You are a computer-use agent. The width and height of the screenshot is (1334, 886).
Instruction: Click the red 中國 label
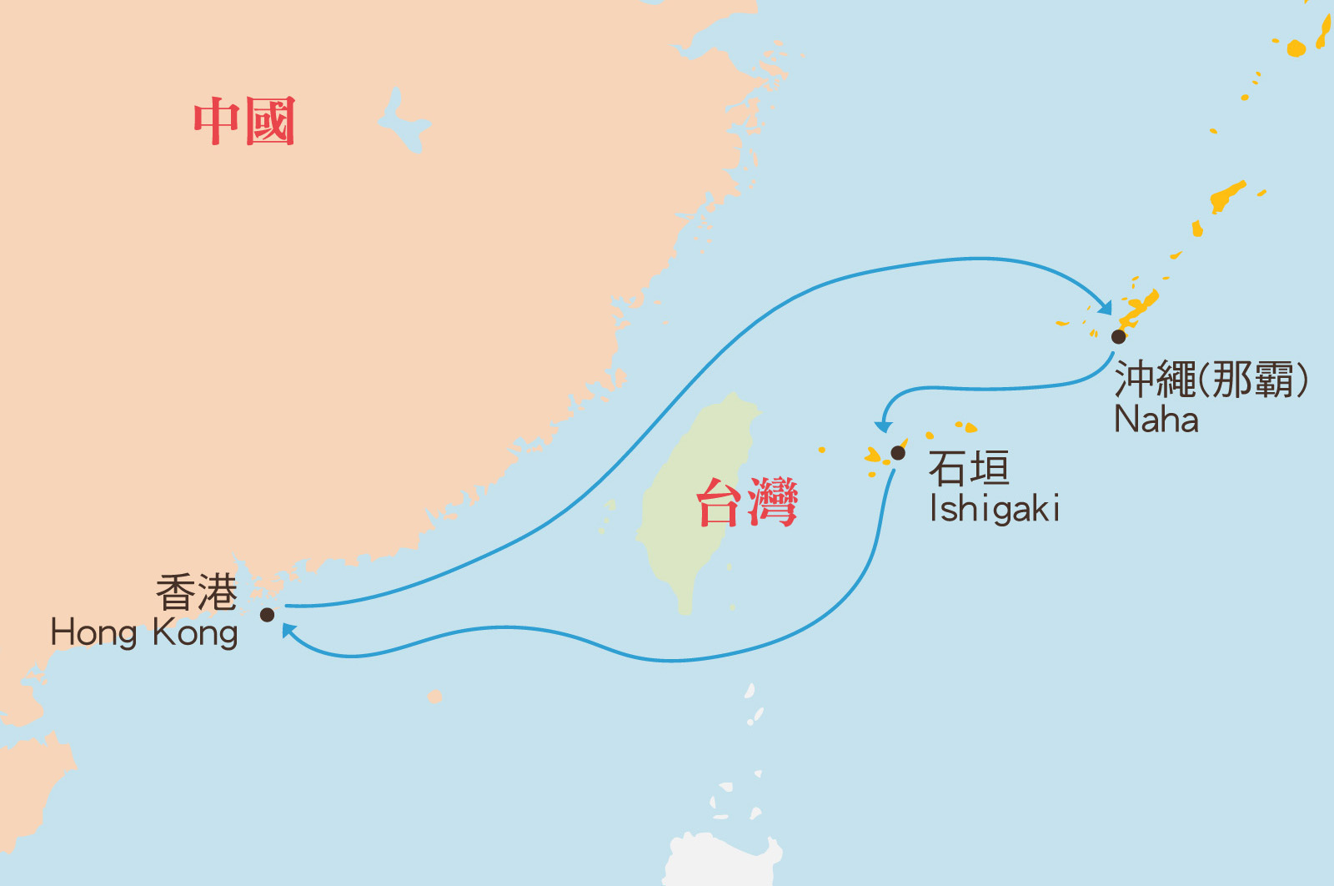point(244,121)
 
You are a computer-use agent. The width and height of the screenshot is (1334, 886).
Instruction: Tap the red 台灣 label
point(747,502)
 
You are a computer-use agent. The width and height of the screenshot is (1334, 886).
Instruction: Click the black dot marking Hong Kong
point(267,615)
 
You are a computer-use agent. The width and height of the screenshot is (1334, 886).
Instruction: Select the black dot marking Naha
point(1119,336)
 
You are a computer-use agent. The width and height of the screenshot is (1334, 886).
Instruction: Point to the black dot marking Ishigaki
point(898,453)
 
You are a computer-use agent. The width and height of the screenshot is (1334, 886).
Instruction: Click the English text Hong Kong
point(144,633)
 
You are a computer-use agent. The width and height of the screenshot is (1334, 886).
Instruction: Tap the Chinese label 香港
point(197,593)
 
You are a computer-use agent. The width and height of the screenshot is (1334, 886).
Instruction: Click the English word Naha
point(1156,419)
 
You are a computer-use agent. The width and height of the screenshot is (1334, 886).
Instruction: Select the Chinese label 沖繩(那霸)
point(1211,380)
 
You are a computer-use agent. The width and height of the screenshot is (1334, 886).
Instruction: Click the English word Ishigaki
point(995,509)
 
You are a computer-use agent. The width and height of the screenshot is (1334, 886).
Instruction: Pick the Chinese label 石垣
point(969,468)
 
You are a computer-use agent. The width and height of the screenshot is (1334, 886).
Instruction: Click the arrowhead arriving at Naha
point(1106,308)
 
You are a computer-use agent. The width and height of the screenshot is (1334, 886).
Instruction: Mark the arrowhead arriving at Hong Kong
point(288,631)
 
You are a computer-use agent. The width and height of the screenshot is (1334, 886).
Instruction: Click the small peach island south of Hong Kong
point(434,697)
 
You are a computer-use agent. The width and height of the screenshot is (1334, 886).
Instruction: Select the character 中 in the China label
point(217,121)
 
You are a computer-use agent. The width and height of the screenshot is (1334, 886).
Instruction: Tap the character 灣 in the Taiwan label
point(773,502)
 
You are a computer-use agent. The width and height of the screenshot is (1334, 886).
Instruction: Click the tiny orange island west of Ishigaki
point(822,450)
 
